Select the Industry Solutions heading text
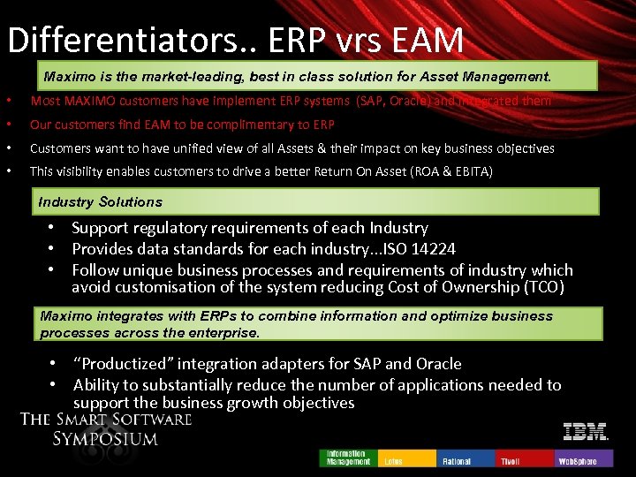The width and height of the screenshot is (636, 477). [x=101, y=201]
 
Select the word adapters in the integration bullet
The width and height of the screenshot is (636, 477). [x=315, y=364]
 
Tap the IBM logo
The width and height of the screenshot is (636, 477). [x=586, y=432]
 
